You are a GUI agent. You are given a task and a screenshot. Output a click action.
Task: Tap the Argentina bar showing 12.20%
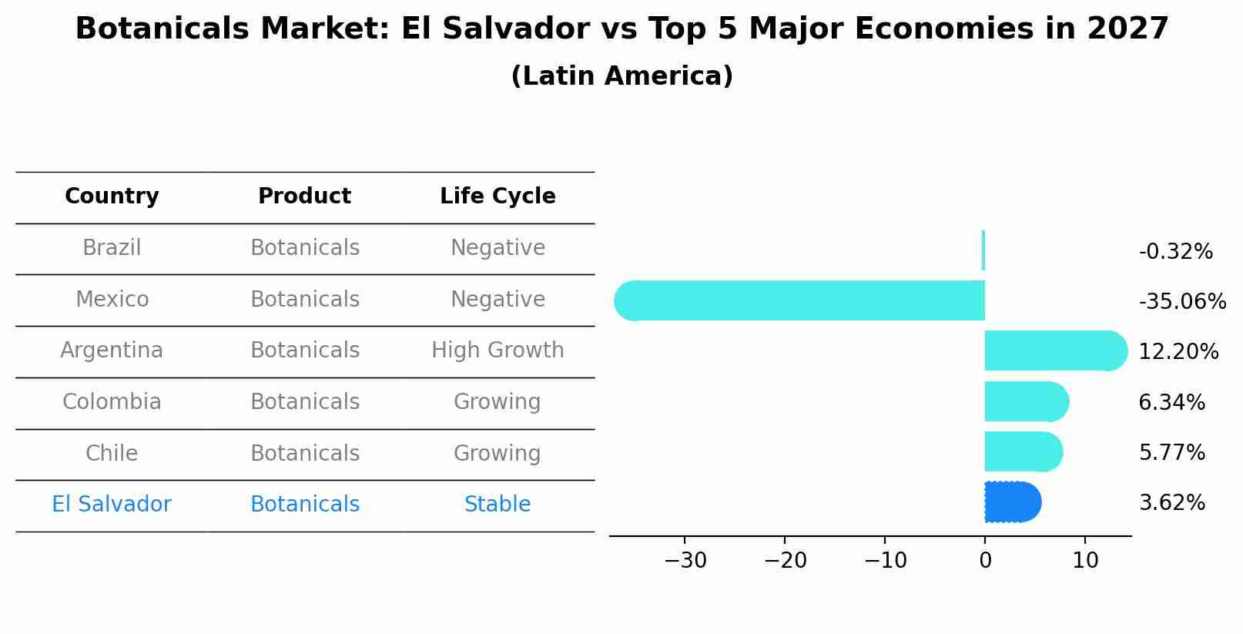pyautogui.click(x=1055, y=351)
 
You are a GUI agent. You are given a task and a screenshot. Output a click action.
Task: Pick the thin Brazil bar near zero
pyautogui.click(x=983, y=250)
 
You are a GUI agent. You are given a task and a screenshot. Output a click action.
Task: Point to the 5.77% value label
pyautogui.click(x=1171, y=452)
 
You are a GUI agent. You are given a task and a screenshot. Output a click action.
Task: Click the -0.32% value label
pyautogui.click(x=1175, y=252)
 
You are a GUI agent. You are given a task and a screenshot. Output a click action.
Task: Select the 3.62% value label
pyautogui.click(x=1171, y=503)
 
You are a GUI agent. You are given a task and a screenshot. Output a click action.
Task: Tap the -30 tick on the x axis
pyautogui.click(x=685, y=561)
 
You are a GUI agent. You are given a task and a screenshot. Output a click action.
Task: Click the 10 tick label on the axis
pyautogui.click(x=1085, y=561)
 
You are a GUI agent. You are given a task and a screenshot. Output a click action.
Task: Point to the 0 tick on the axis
pyautogui.click(x=985, y=561)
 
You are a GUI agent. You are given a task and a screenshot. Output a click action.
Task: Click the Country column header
pyautogui.click(x=112, y=196)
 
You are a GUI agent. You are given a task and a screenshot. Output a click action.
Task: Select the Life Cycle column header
pyautogui.click(x=498, y=196)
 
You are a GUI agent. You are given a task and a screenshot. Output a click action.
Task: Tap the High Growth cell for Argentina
pyautogui.click(x=498, y=351)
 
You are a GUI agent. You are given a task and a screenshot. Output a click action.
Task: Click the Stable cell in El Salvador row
pyautogui.click(x=498, y=505)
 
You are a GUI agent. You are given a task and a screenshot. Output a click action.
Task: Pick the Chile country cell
pyautogui.click(x=112, y=453)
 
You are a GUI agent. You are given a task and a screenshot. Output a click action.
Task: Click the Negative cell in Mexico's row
pyautogui.click(x=498, y=299)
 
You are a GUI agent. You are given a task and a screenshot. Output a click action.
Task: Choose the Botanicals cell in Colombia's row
pyautogui.click(x=305, y=402)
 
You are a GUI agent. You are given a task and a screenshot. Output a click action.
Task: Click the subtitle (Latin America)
pyautogui.click(x=621, y=76)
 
